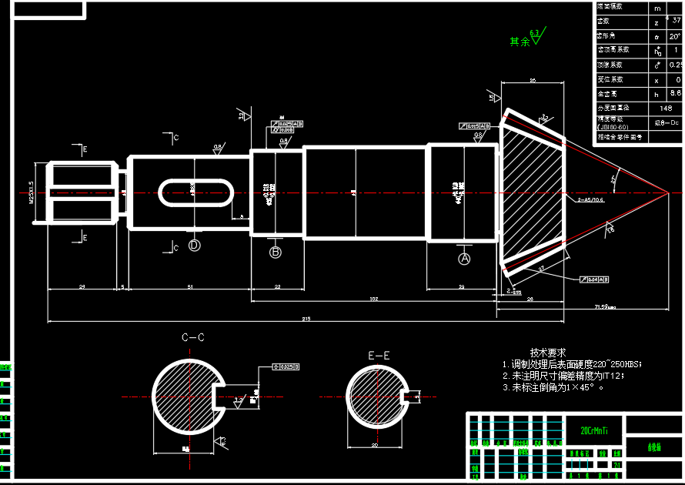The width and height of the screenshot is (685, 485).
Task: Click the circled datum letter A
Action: pos(464,259)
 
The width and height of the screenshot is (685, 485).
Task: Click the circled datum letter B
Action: pos(276,252)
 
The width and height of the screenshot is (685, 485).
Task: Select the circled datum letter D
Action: pos(195,245)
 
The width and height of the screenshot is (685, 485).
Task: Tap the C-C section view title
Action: pos(192,337)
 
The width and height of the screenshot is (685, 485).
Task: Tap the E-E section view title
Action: pos(379,356)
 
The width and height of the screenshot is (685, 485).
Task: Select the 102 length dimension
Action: pos(374,298)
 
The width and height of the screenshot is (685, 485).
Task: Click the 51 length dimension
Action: pos(190,286)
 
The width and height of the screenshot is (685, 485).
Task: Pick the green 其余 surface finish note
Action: pos(520,42)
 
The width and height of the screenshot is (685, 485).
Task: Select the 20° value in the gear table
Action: pos(674,36)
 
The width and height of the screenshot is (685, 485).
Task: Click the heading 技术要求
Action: pos(548,351)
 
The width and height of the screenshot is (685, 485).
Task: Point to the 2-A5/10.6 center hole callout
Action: pos(590,199)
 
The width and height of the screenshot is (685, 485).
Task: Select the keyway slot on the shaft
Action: pos(196,192)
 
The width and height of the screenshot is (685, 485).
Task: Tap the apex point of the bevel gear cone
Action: pos(667,192)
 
